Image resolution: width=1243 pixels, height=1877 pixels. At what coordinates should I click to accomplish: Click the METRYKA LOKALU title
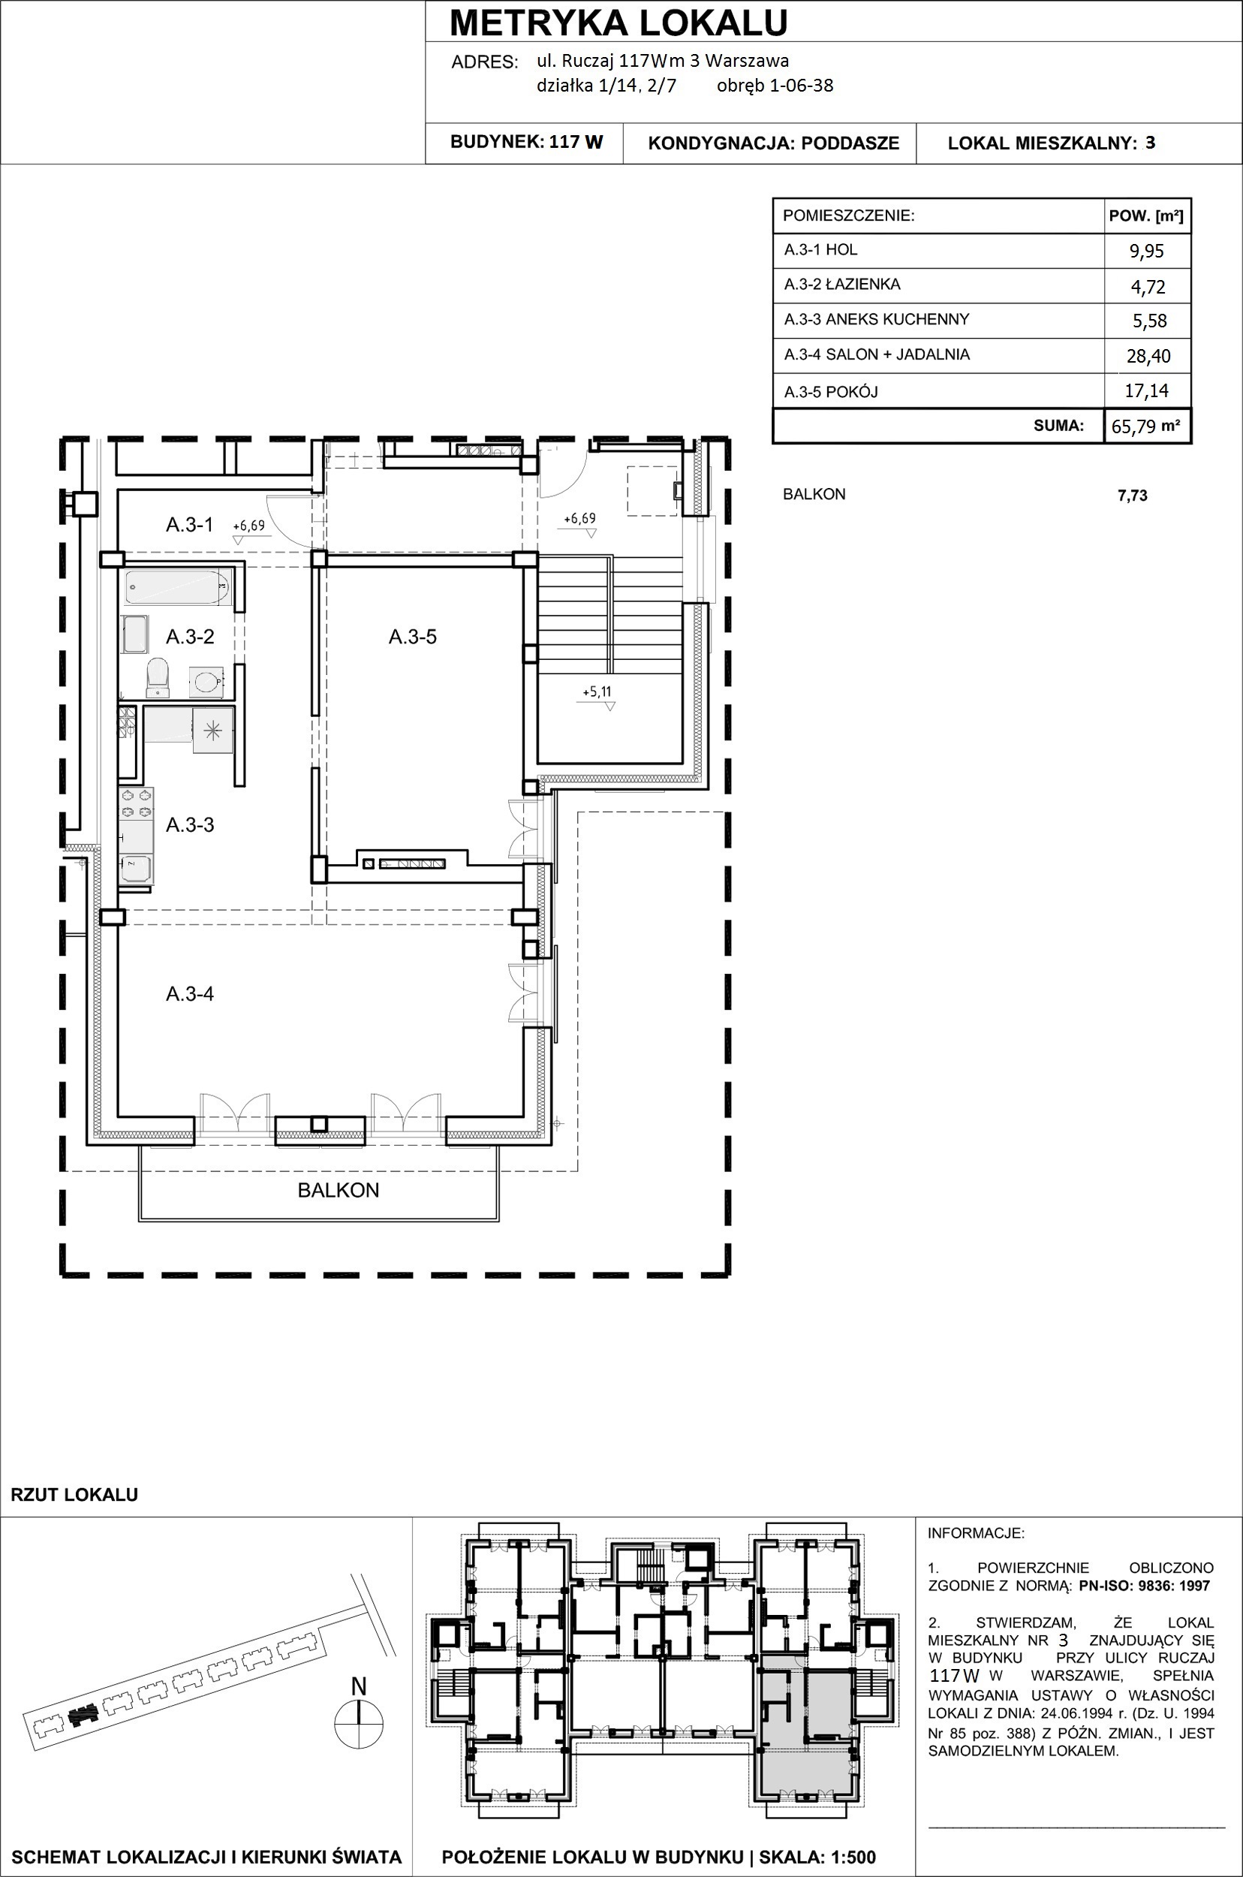(x=618, y=23)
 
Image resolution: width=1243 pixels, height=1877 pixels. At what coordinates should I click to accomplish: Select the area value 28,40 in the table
(x=1148, y=355)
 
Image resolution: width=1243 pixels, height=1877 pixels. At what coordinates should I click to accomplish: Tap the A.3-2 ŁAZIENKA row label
(x=842, y=284)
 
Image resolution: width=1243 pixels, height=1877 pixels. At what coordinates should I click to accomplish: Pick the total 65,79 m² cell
(x=1147, y=426)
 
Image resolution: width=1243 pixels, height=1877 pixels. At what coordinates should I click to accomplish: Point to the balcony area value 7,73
(x=1132, y=496)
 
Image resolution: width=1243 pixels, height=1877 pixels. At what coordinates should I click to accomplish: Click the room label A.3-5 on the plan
(x=412, y=637)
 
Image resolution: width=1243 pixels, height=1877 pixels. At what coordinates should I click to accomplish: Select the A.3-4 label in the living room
(x=189, y=993)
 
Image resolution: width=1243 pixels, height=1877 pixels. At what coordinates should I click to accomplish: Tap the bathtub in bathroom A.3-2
(x=179, y=588)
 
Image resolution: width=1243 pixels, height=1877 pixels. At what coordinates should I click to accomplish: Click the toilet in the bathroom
(x=158, y=676)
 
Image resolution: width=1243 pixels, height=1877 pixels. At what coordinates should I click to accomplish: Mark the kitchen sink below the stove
(x=136, y=870)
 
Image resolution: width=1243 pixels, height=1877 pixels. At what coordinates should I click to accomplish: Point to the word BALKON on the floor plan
(x=339, y=1190)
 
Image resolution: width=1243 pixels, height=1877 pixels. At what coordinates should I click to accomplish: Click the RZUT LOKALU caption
(x=74, y=1495)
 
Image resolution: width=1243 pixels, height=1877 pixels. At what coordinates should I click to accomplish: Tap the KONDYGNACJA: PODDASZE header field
(x=774, y=143)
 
